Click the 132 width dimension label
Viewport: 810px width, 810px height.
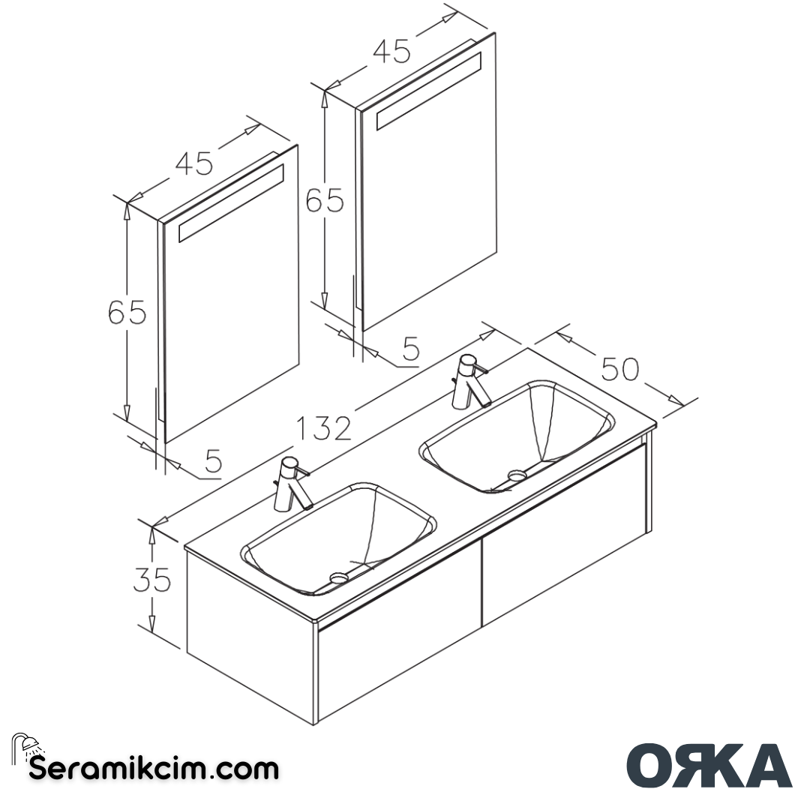point(324,428)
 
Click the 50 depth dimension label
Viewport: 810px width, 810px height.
point(619,369)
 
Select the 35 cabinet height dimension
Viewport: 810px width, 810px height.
point(152,580)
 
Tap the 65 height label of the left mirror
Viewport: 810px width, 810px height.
point(127,312)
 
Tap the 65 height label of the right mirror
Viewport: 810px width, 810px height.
point(325,200)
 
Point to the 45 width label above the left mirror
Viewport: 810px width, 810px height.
point(195,163)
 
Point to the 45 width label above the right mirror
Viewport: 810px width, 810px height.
point(391,51)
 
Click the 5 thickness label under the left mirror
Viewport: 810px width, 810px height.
point(213,461)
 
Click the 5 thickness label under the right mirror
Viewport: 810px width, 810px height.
point(410,349)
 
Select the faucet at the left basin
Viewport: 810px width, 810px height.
point(292,484)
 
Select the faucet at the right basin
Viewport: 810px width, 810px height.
point(471,381)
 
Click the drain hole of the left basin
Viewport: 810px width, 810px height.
point(339,577)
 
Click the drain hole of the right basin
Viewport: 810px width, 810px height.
point(517,475)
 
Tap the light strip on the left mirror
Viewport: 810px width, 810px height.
point(231,204)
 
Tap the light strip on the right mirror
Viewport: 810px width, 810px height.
point(428,92)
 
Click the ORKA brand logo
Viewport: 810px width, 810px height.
point(709,766)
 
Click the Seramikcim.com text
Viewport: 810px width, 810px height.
point(154,768)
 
